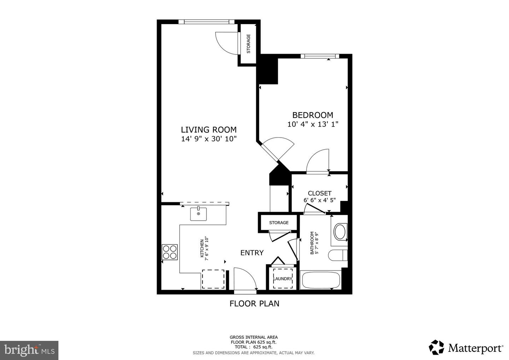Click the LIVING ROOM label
pyautogui.click(x=209, y=130)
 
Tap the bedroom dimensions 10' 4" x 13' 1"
pyautogui.click(x=313, y=124)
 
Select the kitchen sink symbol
pyautogui.click(x=198, y=214)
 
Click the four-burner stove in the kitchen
pyautogui.click(x=170, y=252)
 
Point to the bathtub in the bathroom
pyautogui.click(x=320, y=280)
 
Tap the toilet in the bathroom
pyautogui.click(x=338, y=255)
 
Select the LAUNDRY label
pyautogui.click(x=283, y=279)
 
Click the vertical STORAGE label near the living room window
pyautogui.click(x=248, y=43)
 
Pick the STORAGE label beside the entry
pyautogui.click(x=279, y=223)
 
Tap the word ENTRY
pyautogui.click(x=252, y=253)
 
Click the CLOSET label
pyautogui.click(x=320, y=193)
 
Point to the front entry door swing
pyautogui.click(x=245, y=279)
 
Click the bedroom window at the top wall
pyautogui.click(x=320, y=56)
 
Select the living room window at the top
pyautogui.click(x=206, y=22)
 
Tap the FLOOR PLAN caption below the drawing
pyautogui.click(x=254, y=303)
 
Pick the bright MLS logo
pyautogui.click(x=29, y=350)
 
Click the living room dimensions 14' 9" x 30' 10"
pyautogui.click(x=209, y=139)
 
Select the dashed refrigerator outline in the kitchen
pyautogui.click(x=213, y=279)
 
